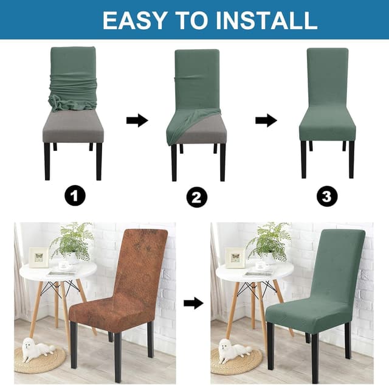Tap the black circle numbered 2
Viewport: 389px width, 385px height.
(196, 197)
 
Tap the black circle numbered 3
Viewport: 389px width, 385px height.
(327, 196)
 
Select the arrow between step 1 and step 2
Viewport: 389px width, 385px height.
(137, 120)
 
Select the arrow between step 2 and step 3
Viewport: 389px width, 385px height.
(266, 120)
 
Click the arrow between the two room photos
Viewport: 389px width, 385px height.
(193, 303)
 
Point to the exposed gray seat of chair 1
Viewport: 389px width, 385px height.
(73, 129)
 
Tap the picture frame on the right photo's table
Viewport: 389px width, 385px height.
(235, 257)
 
